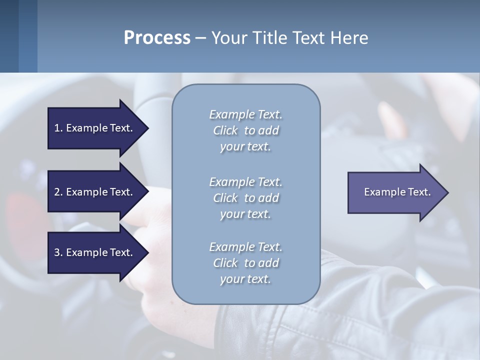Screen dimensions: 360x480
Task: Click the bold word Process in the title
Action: point(157,38)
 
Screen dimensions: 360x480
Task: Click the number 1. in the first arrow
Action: point(58,128)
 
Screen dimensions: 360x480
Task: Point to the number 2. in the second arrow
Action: point(58,192)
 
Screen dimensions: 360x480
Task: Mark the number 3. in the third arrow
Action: point(58,252)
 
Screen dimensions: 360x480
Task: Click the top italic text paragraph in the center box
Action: point(245,130)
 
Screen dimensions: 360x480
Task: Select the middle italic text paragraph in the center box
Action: point(245,198)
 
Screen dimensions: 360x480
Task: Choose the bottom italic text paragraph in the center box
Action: point(245,263)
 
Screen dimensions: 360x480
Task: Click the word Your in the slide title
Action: point(227,38)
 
